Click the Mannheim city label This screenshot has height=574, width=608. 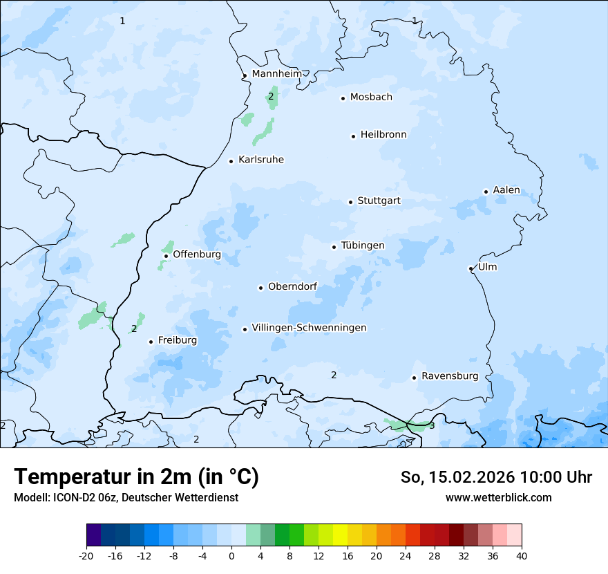(x=276, y=73)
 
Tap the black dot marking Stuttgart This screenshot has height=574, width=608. (x=350, y=202)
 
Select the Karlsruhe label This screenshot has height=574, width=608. (x=260, y=160)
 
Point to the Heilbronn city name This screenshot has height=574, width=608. (x=383, y=135)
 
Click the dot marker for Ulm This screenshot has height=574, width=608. (x=471, y=268)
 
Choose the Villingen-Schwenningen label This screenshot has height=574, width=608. (x=309, y=328)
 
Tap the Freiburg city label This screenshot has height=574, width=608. (x=177, y=340)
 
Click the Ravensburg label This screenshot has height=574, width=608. (x=449, y=376)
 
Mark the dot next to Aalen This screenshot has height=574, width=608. (x=486, y=192)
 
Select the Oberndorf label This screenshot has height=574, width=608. (x=292, y=286)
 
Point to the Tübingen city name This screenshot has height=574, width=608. (x=362, y=246)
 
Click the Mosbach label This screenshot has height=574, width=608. (x=370, y=97)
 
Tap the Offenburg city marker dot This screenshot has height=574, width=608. (x=166, y=256)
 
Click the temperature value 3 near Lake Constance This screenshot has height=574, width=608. (x=432, y=425)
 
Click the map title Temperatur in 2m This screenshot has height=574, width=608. (x=136, y=476)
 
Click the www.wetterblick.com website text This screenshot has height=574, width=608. (x=498, y=497)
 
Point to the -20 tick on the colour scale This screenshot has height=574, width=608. (x=86, y=555)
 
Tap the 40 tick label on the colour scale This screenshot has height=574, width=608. (x=522, y=555)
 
